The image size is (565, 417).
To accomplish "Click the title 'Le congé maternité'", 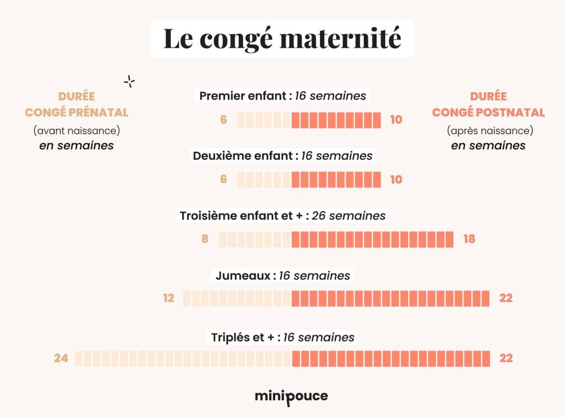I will click(282, 38).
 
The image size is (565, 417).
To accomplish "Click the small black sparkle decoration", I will click(130, 82).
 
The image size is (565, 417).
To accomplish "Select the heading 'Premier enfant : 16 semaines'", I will click(282, 96).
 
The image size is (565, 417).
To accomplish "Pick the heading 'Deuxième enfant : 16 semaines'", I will click(282, 156).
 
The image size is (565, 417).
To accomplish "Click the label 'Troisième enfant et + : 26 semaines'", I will click(282, 216).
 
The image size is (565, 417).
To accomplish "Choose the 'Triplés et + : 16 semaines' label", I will click(282, 337).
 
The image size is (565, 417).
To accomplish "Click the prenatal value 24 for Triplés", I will click(61, 359).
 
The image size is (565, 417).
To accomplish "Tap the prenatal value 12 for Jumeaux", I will click(169, 298).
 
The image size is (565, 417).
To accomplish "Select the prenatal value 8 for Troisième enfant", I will click(205, 239).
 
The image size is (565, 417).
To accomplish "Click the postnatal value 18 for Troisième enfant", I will click(468, 239).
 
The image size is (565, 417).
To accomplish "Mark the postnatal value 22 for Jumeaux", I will click(506, 298).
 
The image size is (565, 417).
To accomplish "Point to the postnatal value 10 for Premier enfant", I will click(396, 120).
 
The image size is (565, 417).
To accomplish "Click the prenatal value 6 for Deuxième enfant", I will click(223, 179).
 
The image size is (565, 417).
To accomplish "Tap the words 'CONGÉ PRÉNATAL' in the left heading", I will click(77, 113).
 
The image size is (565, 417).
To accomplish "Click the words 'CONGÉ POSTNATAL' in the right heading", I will click(488, 113).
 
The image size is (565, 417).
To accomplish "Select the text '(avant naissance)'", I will click(77, 131).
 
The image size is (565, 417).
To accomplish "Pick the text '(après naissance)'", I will click(488, 131).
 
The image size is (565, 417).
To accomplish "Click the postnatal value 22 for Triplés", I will click(506, 359).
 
